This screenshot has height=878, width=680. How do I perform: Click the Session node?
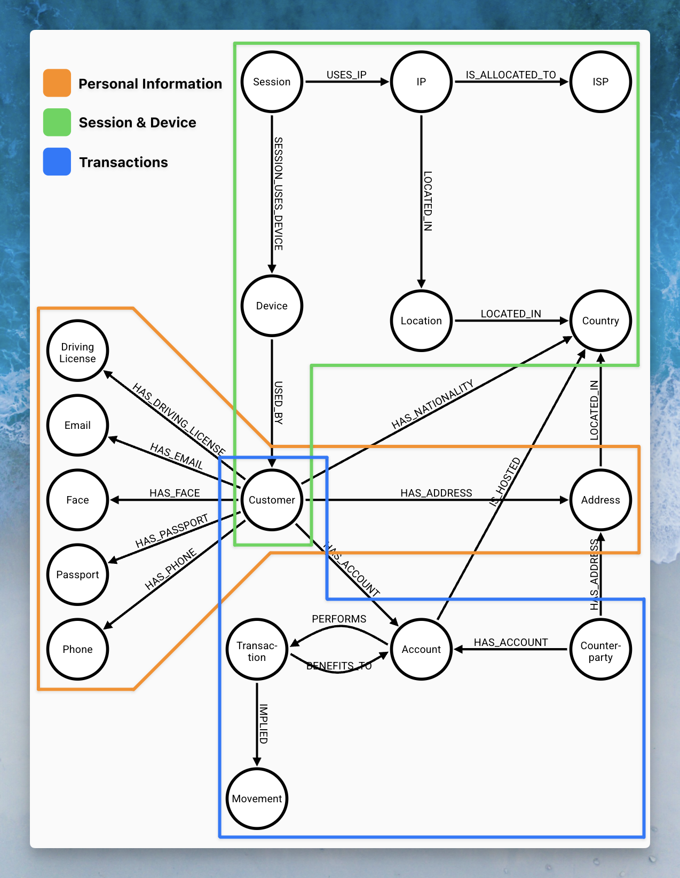(272, 82)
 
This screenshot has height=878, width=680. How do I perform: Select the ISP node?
(600, 82)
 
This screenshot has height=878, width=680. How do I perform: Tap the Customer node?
(272, 500)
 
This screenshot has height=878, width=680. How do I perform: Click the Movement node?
(257, 799)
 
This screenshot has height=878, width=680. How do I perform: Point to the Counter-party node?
(600, 649)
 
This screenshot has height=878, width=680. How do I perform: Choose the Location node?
(421, 321)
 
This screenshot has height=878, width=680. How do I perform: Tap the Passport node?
(77, 574)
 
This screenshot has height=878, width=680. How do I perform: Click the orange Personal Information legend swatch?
(57, 83)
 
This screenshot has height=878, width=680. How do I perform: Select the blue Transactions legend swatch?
(57, 162)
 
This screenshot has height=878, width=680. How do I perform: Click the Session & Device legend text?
(137, 123)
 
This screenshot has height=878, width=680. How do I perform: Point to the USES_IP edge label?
(346, 75)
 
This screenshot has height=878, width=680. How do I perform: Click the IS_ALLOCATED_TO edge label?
(511, 75)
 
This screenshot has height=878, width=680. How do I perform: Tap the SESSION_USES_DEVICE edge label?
(278, 194)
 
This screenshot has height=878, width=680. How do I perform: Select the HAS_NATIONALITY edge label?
(432, 405)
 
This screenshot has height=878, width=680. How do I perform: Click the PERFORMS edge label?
(339, 619)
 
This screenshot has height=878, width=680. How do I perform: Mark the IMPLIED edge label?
(263, 724)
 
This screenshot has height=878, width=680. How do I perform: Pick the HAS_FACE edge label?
(175, 493)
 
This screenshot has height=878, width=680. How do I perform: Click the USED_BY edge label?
(278, 403)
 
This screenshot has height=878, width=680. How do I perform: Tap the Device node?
(272, 306)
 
